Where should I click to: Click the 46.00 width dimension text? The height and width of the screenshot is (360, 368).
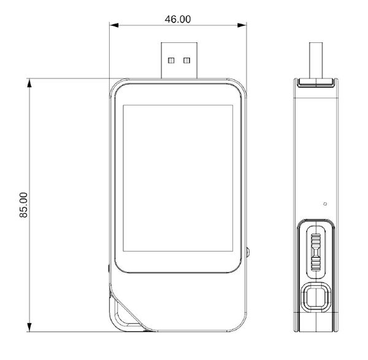pyautogui.click(x=178, y=19)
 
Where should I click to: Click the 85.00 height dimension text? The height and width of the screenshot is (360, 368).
pyautogui.click(x=23, y=205)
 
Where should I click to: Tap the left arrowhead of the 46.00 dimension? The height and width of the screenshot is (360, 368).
pyautogui.click(x=114, y=25)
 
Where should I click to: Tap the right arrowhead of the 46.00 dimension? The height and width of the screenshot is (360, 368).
pyautogui.click(x=242, y=25)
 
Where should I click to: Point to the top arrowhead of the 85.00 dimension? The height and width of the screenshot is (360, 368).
pyautogui.click(x=29, y=83)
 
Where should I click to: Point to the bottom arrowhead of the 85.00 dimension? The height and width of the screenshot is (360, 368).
pyautogui.click(x=29, y=327)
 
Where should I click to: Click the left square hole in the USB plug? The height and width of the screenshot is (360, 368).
pyautogui.click(x=171, y=61)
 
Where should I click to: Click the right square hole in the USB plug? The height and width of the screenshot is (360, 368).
pyautogui.click(x=187, y=61)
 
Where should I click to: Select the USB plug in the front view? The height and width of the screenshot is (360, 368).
pyautogui.click(x=179, y=60)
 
